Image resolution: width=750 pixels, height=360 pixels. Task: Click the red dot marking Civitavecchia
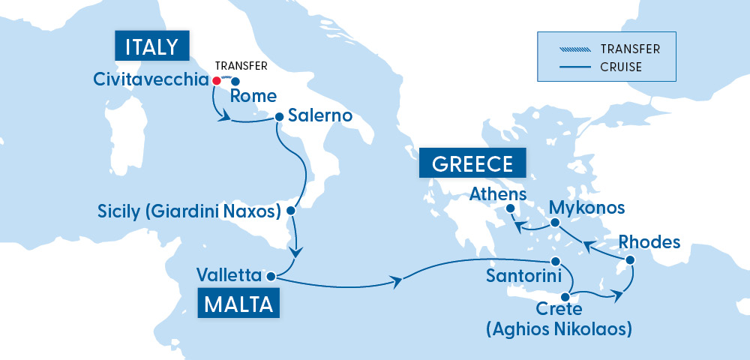(x=216, y=80)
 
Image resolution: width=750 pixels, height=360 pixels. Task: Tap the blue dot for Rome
(x=235, y=82)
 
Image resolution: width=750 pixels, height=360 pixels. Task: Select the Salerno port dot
(x=279, y=116)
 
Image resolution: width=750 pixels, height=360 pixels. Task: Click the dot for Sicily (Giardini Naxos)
(x=292, y=211)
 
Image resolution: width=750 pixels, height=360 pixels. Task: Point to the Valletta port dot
(x=270, y=275)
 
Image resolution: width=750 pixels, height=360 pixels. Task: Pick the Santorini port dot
(x=556, y=261)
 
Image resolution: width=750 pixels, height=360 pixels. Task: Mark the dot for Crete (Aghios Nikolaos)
(x=564, y=296)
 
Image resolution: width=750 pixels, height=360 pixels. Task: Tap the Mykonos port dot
(x=554, y=223)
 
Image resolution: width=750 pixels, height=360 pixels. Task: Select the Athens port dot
(x=511, y=208)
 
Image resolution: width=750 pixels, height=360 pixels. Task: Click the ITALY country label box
(x=151, y=46)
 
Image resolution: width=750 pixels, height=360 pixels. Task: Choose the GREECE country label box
(x=472, y=163)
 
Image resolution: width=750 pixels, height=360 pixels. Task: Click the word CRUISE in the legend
(x=620, y=67)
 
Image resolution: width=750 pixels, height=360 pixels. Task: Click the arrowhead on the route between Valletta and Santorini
(x=397, y=282)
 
